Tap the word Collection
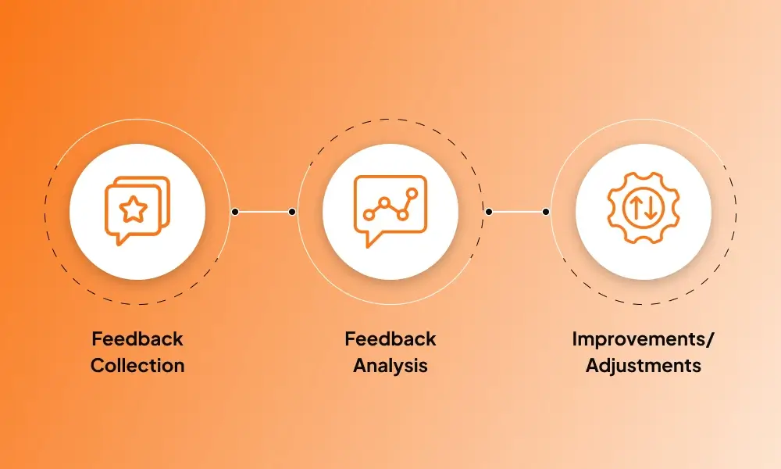point(137,365)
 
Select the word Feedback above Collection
point(137,339)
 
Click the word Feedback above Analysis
point(390,339)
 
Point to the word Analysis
point(390,365)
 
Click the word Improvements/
point(644,339)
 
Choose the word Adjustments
point(644,365)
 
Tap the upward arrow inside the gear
point(636,209)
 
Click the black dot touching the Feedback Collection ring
point(235,211)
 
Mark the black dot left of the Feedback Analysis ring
point(292,211)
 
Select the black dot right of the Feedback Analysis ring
point(489,211)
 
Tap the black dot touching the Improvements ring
point(545,211)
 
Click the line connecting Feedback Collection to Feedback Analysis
point(264,211)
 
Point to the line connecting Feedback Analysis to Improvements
point(517,211)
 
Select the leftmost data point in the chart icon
point(368,215)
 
